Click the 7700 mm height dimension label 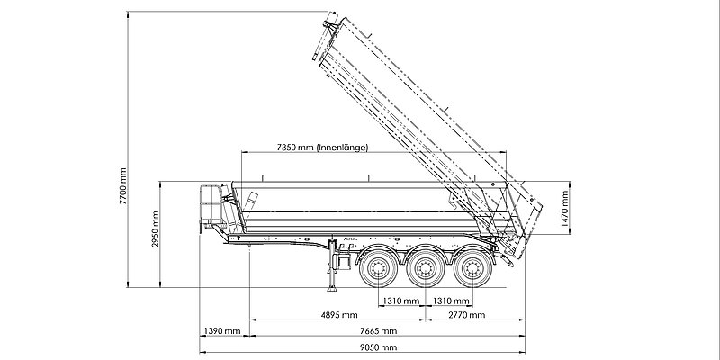(x=123, y=185)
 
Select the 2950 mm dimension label (x=155, y=229)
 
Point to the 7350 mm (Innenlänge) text (x=323, y=148)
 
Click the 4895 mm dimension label (x=339, y=314)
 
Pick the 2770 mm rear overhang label (x=467, y=314)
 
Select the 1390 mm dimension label (x=222, y=330)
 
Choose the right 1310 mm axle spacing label (x=451, y=301)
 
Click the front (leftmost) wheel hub (x=378, y=267)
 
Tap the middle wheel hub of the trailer (x=426, y=267)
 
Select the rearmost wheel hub (x=473, y=267)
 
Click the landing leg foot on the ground (x=331, y=289)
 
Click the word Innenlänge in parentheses (x=342, y=148)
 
